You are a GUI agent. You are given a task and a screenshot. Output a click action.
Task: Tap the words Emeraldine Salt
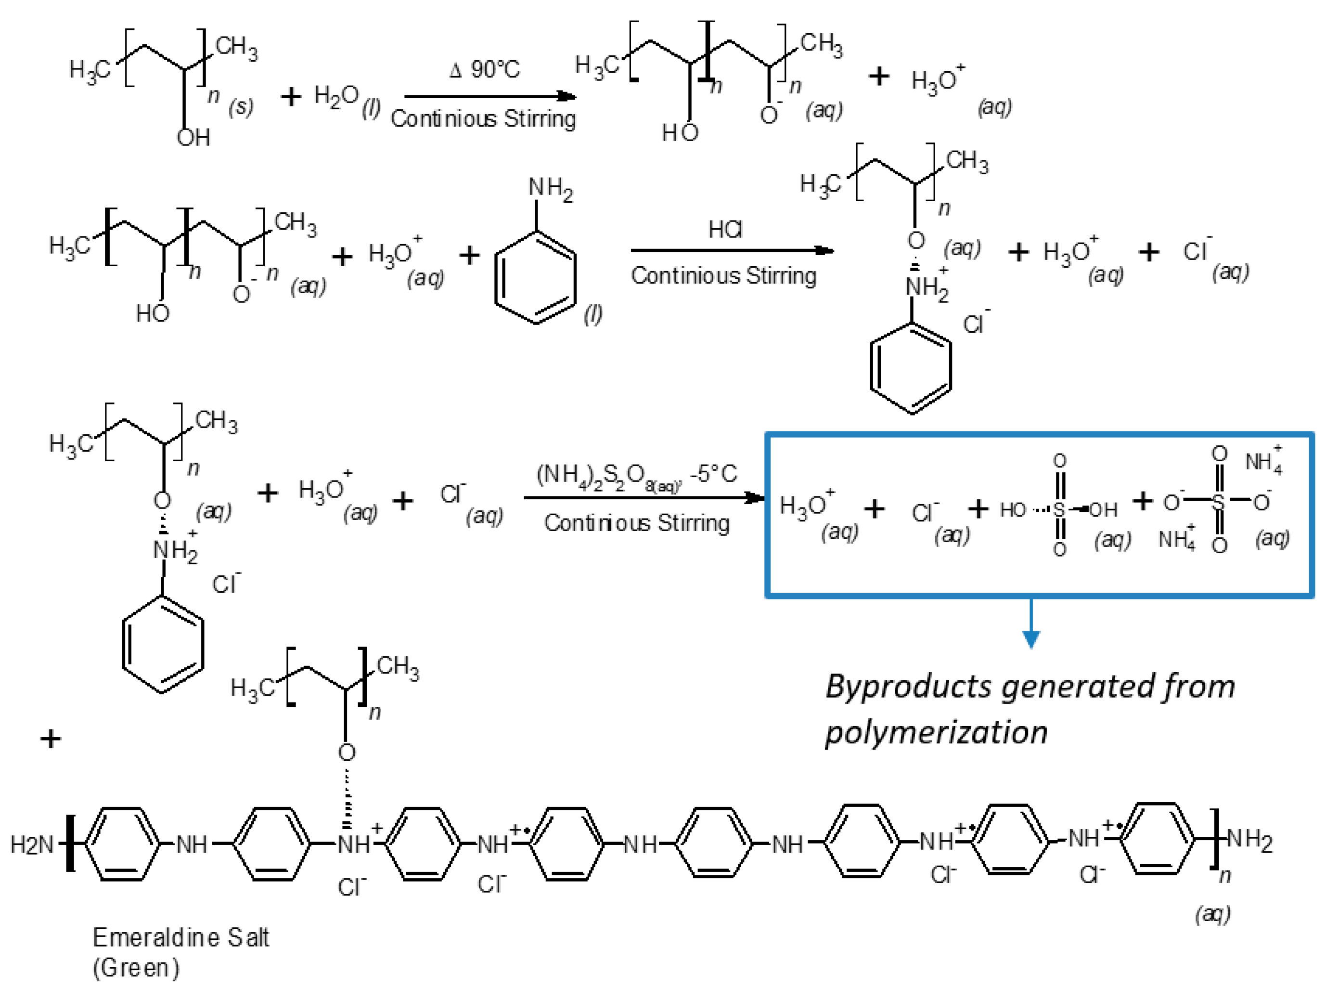180,937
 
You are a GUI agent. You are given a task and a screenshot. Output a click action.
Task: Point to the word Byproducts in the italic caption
908,687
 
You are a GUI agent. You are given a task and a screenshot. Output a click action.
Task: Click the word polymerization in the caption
936,732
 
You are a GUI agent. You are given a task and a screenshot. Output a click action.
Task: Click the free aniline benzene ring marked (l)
535,278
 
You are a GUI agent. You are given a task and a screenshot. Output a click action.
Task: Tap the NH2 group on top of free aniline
550,189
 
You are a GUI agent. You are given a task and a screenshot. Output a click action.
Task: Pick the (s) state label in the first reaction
241,107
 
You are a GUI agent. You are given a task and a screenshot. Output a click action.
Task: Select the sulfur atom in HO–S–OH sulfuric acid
1059,510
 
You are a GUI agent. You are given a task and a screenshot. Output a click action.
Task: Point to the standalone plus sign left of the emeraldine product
51,739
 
